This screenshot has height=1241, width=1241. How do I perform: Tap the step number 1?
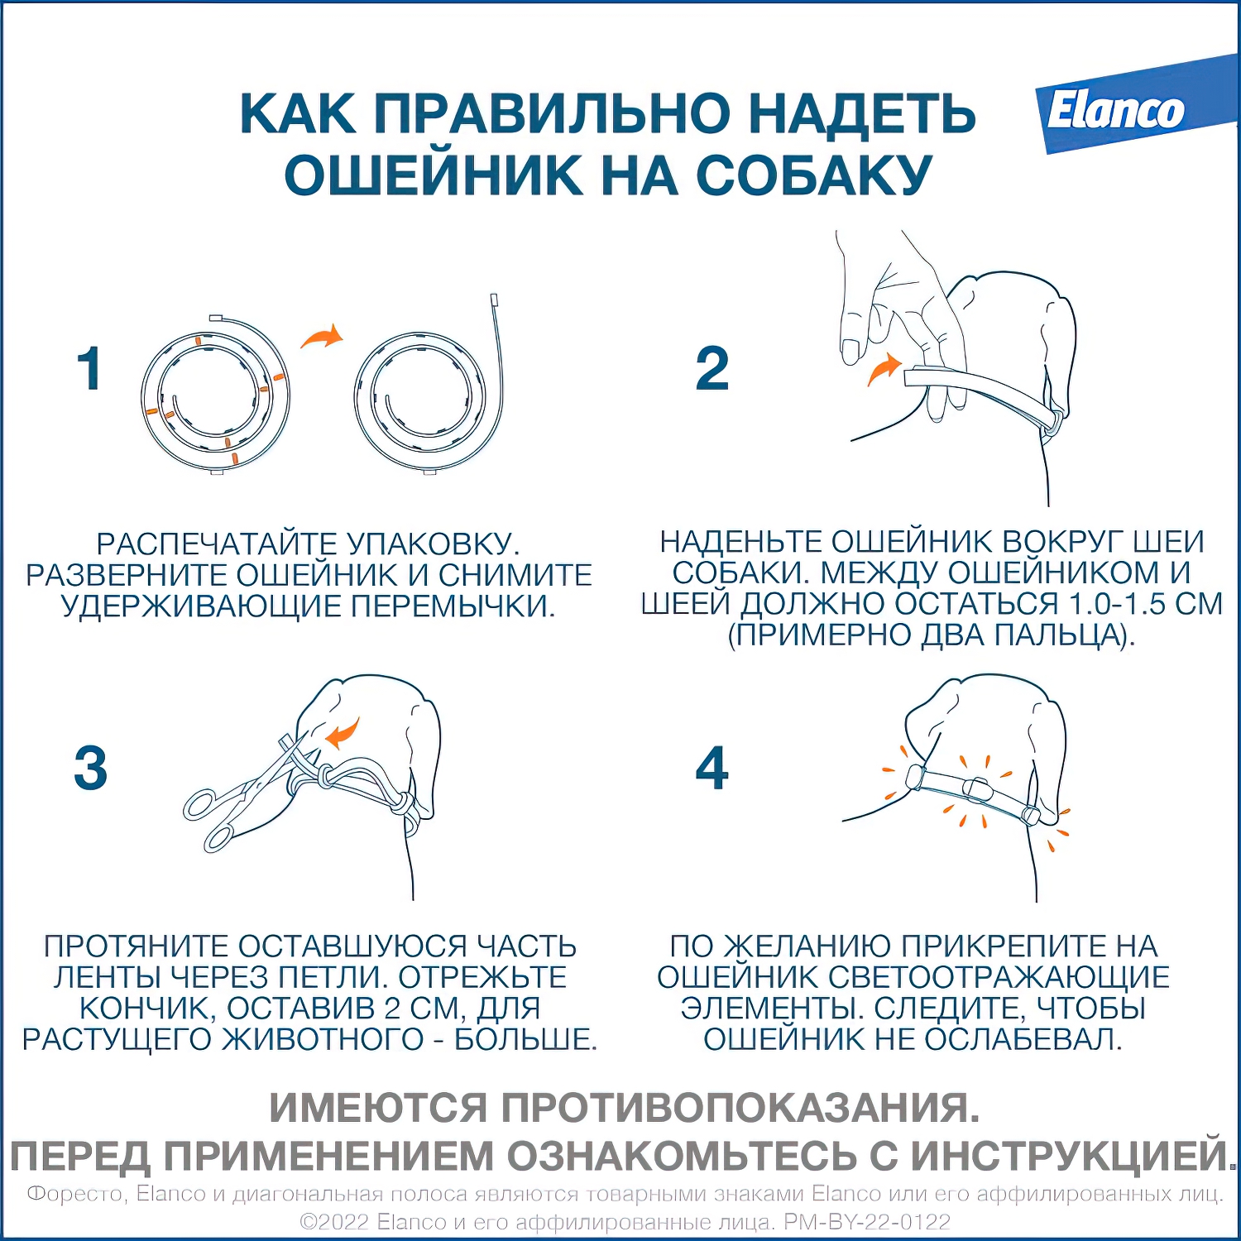pos(89,369)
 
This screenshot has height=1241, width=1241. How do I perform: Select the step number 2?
pos(712,369)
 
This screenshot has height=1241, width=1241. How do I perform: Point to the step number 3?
pos(90,768)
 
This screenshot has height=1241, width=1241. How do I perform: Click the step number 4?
pos(712,768)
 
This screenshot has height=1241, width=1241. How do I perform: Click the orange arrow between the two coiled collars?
pos(321,336)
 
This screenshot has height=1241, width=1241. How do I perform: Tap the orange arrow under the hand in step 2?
pos(884,369)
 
